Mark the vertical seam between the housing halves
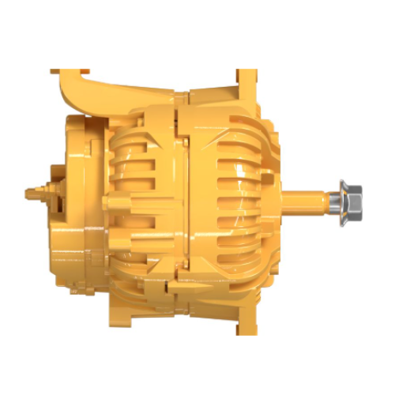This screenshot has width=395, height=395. [x=179, y=197]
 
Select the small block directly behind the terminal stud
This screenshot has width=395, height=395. [x=54, y=192]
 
